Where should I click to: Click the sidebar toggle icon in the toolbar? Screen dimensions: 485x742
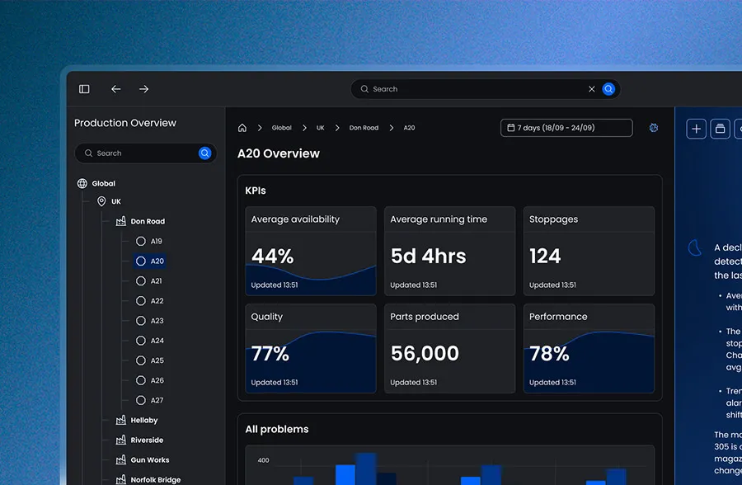pyautogui.click(x=84, y=89)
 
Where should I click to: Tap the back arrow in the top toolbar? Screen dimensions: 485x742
pyautogui.click(x=116, y=89)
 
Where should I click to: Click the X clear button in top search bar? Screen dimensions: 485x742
pyautogui.click(x=591, y=89)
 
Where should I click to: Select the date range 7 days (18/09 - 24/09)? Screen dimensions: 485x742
pyautogui.click(x=566, y=128)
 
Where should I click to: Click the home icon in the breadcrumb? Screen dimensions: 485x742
pyautogui.click(x=242, y=128)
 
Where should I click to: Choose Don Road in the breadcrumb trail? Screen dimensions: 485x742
pyautogui.click(x=364, y=128)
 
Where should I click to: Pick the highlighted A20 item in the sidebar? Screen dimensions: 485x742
pyautogui.click(x=157, y=261)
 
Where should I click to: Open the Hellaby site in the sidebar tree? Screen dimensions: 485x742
pyautogui.click(x=143, y=421)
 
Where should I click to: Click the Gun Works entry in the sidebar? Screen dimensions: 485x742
pyautogui.click(x=149, y=460)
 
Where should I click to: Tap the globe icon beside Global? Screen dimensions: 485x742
pyautogui.click(x=82, y=184)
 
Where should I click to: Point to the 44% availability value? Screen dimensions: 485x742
pyautogui.click(x=272, y=257)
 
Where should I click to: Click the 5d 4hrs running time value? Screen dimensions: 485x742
pyautogui.click(x=428, y=257)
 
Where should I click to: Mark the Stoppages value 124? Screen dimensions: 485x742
pyautogui.click(x=545, y=257)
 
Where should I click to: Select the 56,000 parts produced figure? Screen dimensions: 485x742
pyautogui.click(x=425, y=354)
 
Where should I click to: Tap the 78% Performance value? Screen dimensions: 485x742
pyautogui.click(x=549, y=354)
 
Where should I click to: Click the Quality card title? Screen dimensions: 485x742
pyautogui.click(x=266, y=317)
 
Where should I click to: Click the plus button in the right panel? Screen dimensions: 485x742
pyautogui.click(x=697, y=129)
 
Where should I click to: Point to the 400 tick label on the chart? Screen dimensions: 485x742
pyautogui.click(x=264, y=460)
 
